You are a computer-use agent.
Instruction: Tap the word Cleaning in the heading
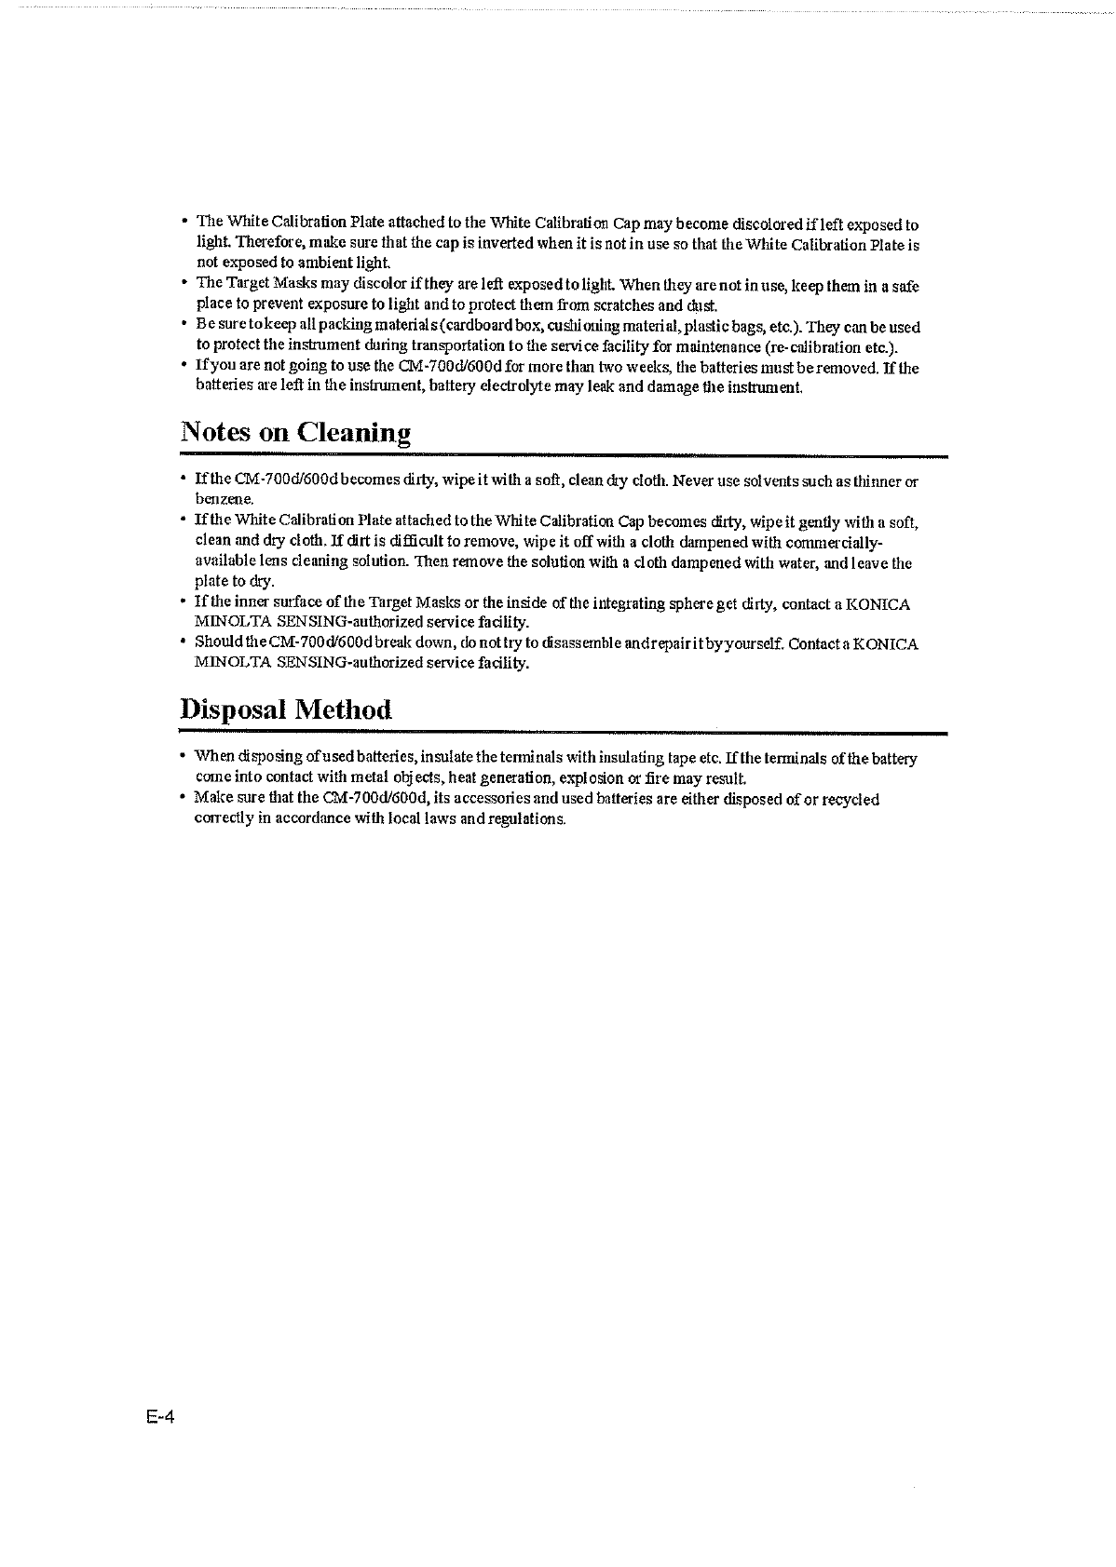pyautogui.click(x=354, y=434)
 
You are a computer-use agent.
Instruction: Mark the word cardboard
pyautogui.click(x=456, y=327)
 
